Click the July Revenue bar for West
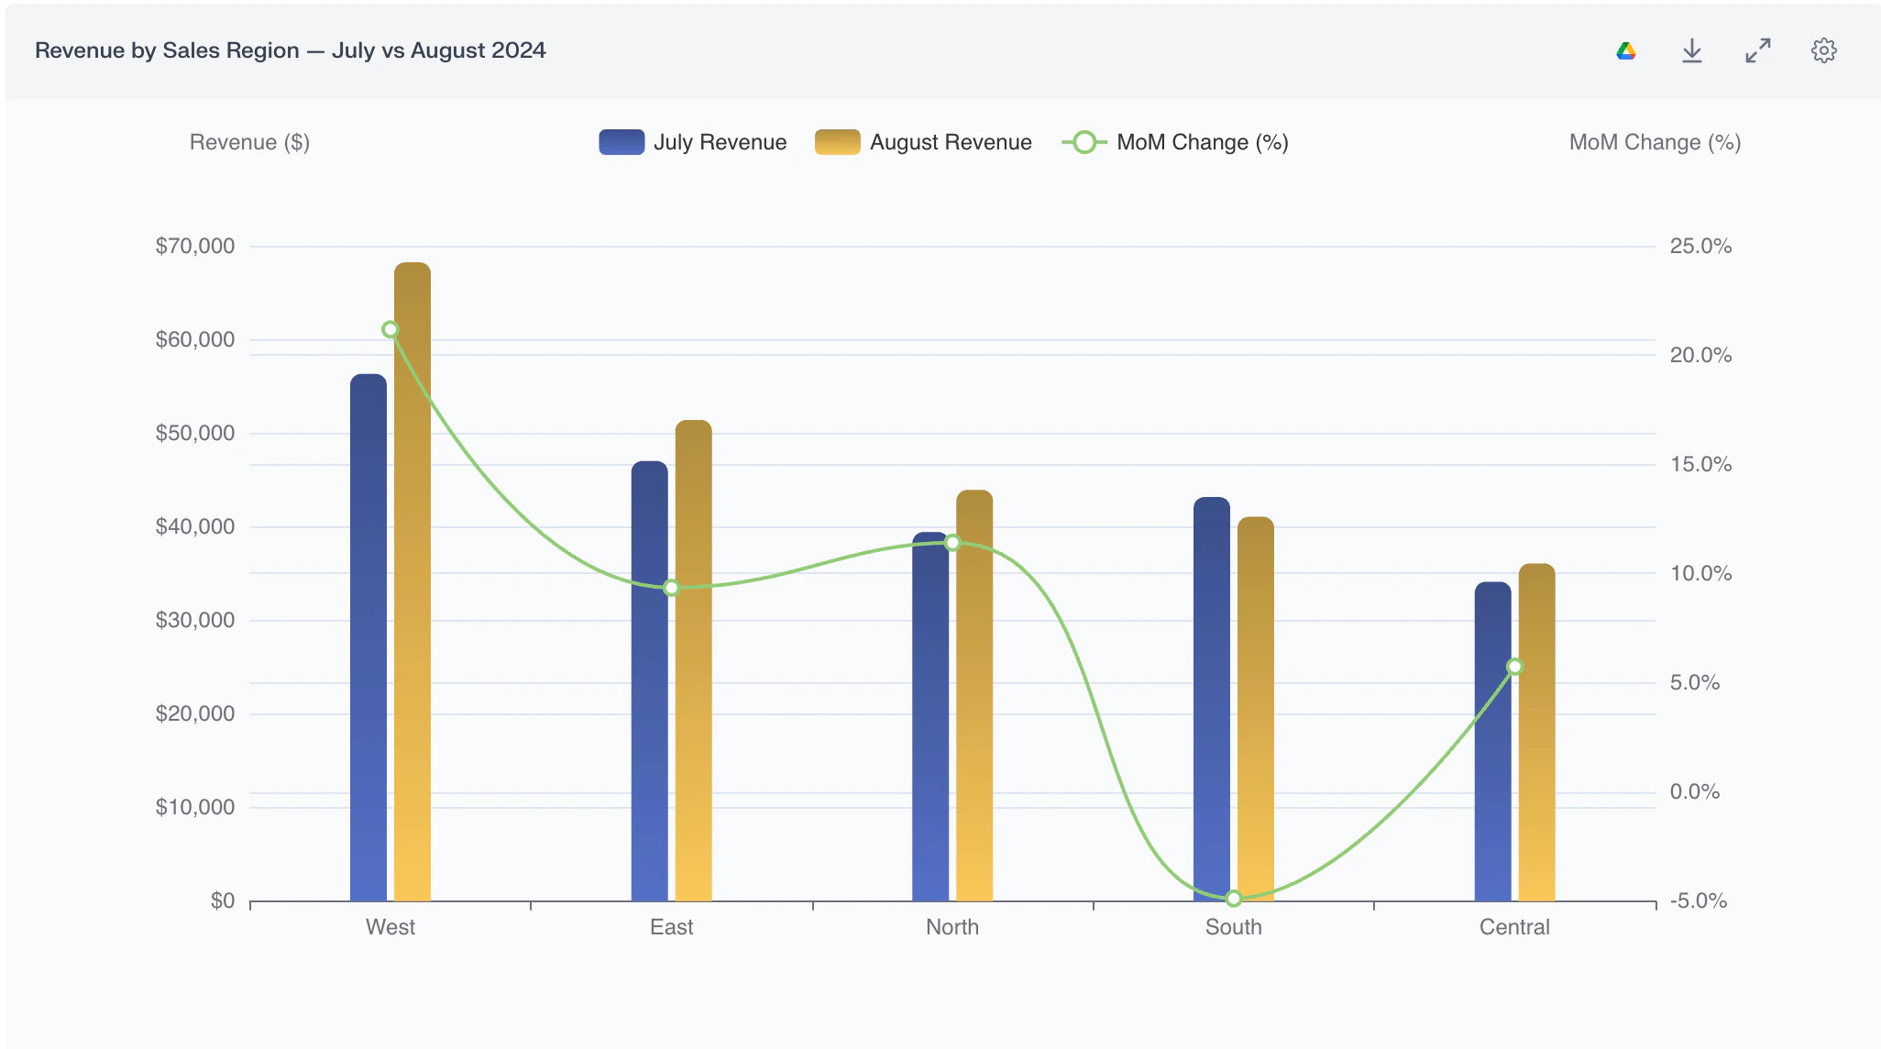pos(368,637)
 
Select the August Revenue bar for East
pos(694,660)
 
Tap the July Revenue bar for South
pos(1212,699)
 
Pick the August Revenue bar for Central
pos(1537,733)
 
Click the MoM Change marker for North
pos(952,543)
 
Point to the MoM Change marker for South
pos(1234,899)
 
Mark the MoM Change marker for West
pos(390,329)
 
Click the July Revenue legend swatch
pos(621,142)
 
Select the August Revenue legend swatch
pos(838,142)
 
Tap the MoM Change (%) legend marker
pos(1084,142)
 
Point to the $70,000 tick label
pos(195,246)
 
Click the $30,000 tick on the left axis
pos(195,620)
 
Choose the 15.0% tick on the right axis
pos(1701,464)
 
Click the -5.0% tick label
pos(1699,900)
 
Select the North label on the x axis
pos(952,927)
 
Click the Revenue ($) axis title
pos(249,142)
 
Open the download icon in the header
pos(1692,50)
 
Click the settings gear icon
pos(1824,50)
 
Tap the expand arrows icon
pos(1758,50)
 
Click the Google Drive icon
pos(1626,50)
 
